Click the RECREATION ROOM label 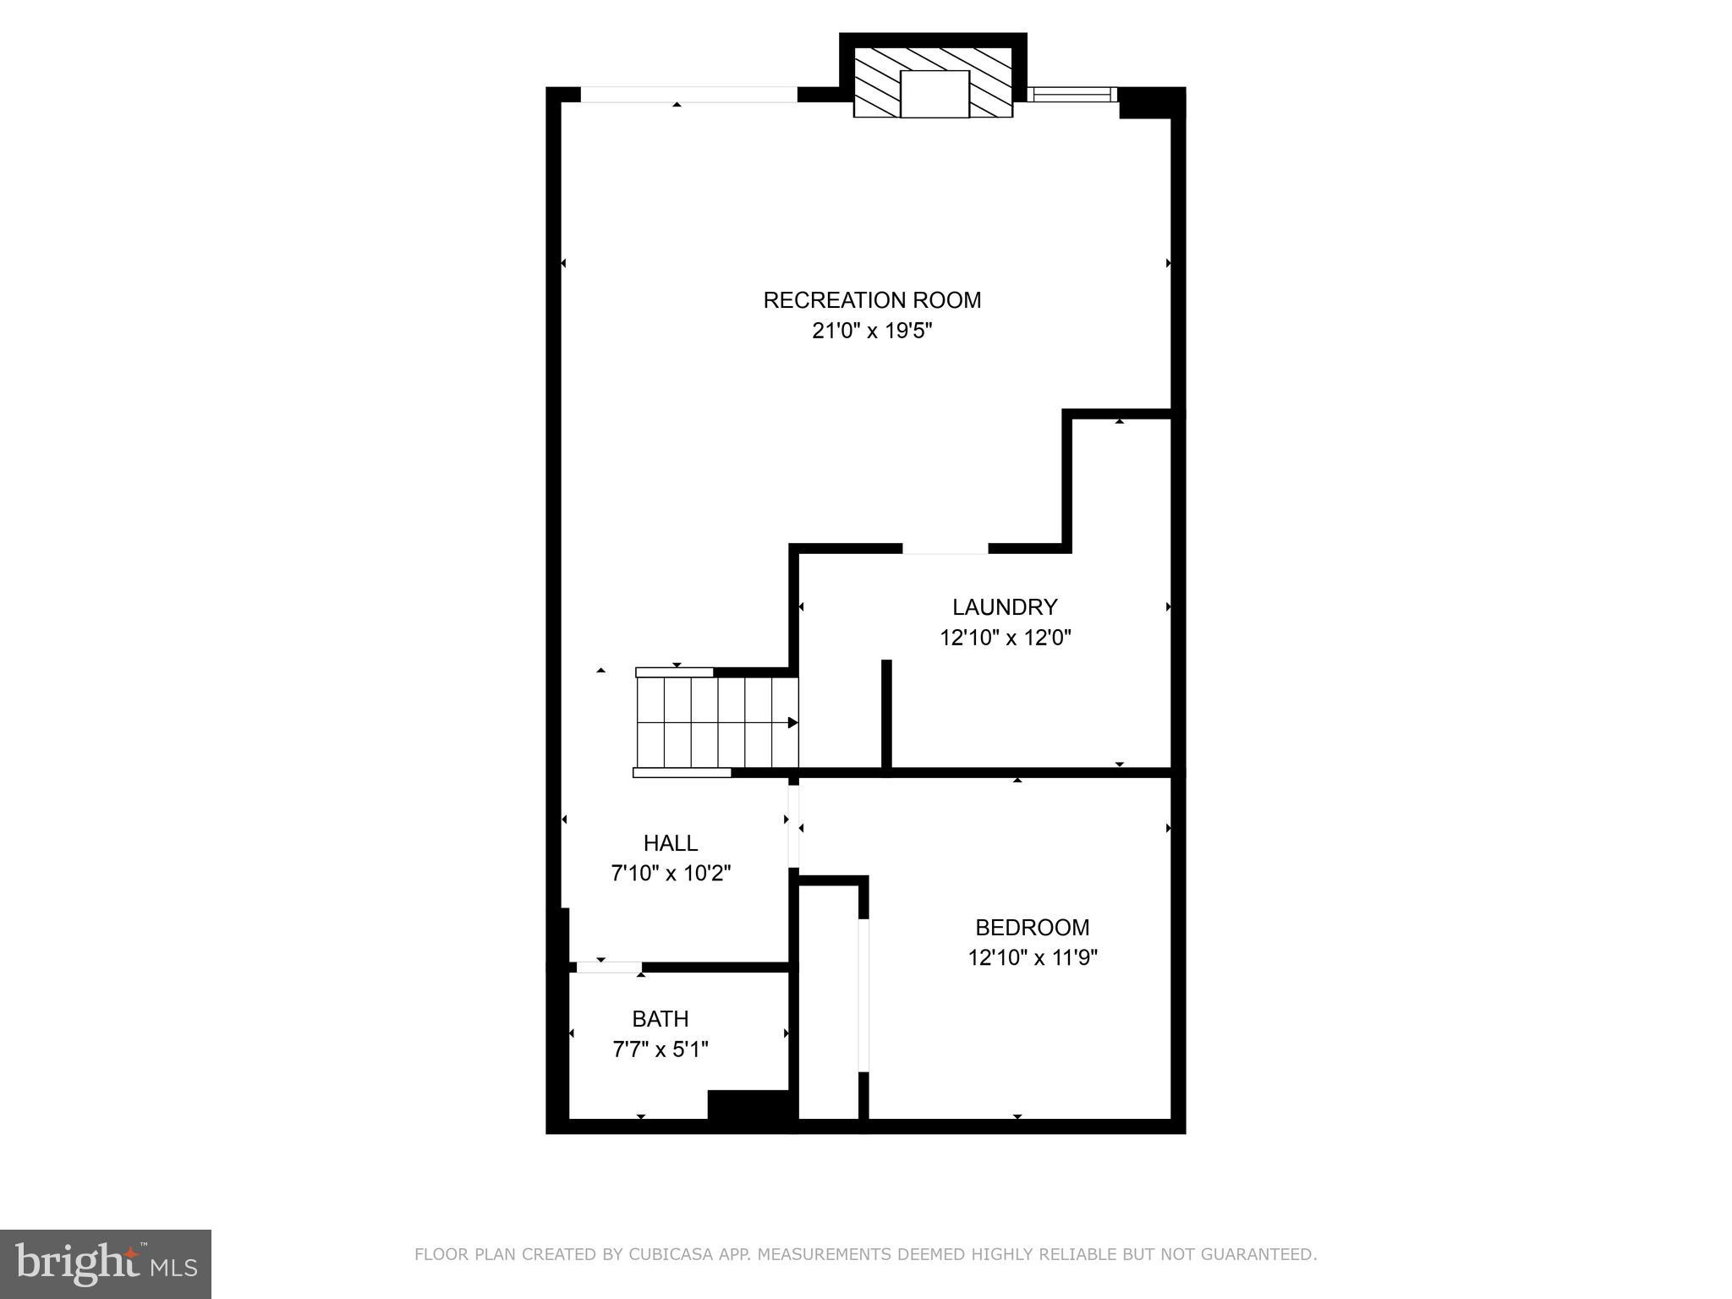pyautogui.click(x=872, y=300)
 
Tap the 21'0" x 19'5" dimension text pyautogui.click(x=872, y=331)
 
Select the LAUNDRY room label pyautogui.click(x=1005, y=607)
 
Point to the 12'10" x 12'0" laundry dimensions pyautogui.click(x=1006, y=638)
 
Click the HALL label pyautogui.click(x=671, y=843)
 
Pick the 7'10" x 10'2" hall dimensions pyautogui.click(x=671, y=873)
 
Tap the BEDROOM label pyautogui.click(x=1032, y=928)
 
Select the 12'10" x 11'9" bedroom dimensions pyautogui.click(x=1033, y=957)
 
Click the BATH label pyautogui.click(x=660, y=1019)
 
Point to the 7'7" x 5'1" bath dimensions pyautogui.click(x=660, y=1050)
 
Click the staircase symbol pyautogui.click(x=716, y=722)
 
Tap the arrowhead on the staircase pyautogui.click(x=792, y=722)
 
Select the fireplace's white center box pyautogui.click(x=934, y=94)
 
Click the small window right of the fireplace pyautogui.click(x=1072, y=94)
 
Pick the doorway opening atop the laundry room pyautogui.click(x=945, y=549)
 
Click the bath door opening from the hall pyautogui.click(x=608, y=967)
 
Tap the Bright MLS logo pyautogui.click(x=106, y=1263)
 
